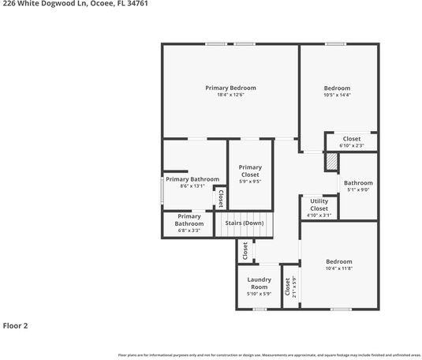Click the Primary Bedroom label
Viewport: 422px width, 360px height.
[x=230, y=88]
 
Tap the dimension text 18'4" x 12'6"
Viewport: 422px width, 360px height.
[x=230, y=95]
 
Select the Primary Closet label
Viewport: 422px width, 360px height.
[x=250, y=171]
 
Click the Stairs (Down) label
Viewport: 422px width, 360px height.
[x=245, y=223]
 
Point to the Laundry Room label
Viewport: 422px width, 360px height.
[x=259, y=283]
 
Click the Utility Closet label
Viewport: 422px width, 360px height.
[x=319, y=204]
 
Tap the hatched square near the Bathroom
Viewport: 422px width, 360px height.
[x=332, y=160]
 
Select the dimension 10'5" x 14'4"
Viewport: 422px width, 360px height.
[x=337, y=95]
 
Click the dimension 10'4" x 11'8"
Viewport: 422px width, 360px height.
[x=339, y=268]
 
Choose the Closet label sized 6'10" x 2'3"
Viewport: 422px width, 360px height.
[x=351, y=139]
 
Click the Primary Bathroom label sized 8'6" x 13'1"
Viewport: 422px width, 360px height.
[x=192, y=179]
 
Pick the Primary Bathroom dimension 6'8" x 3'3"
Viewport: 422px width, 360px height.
[x=189, y=231]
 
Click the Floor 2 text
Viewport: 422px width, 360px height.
[x=15, y=324]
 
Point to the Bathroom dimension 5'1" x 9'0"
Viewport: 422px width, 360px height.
[x=357, y=189]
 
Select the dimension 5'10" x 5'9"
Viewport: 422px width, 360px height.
[x=259, y=294]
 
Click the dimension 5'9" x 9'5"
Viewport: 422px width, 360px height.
[x=250, y=182]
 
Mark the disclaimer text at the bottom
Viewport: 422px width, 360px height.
[x=267, y=355]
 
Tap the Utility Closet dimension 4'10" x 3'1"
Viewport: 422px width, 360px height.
[x=319, y=215]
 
